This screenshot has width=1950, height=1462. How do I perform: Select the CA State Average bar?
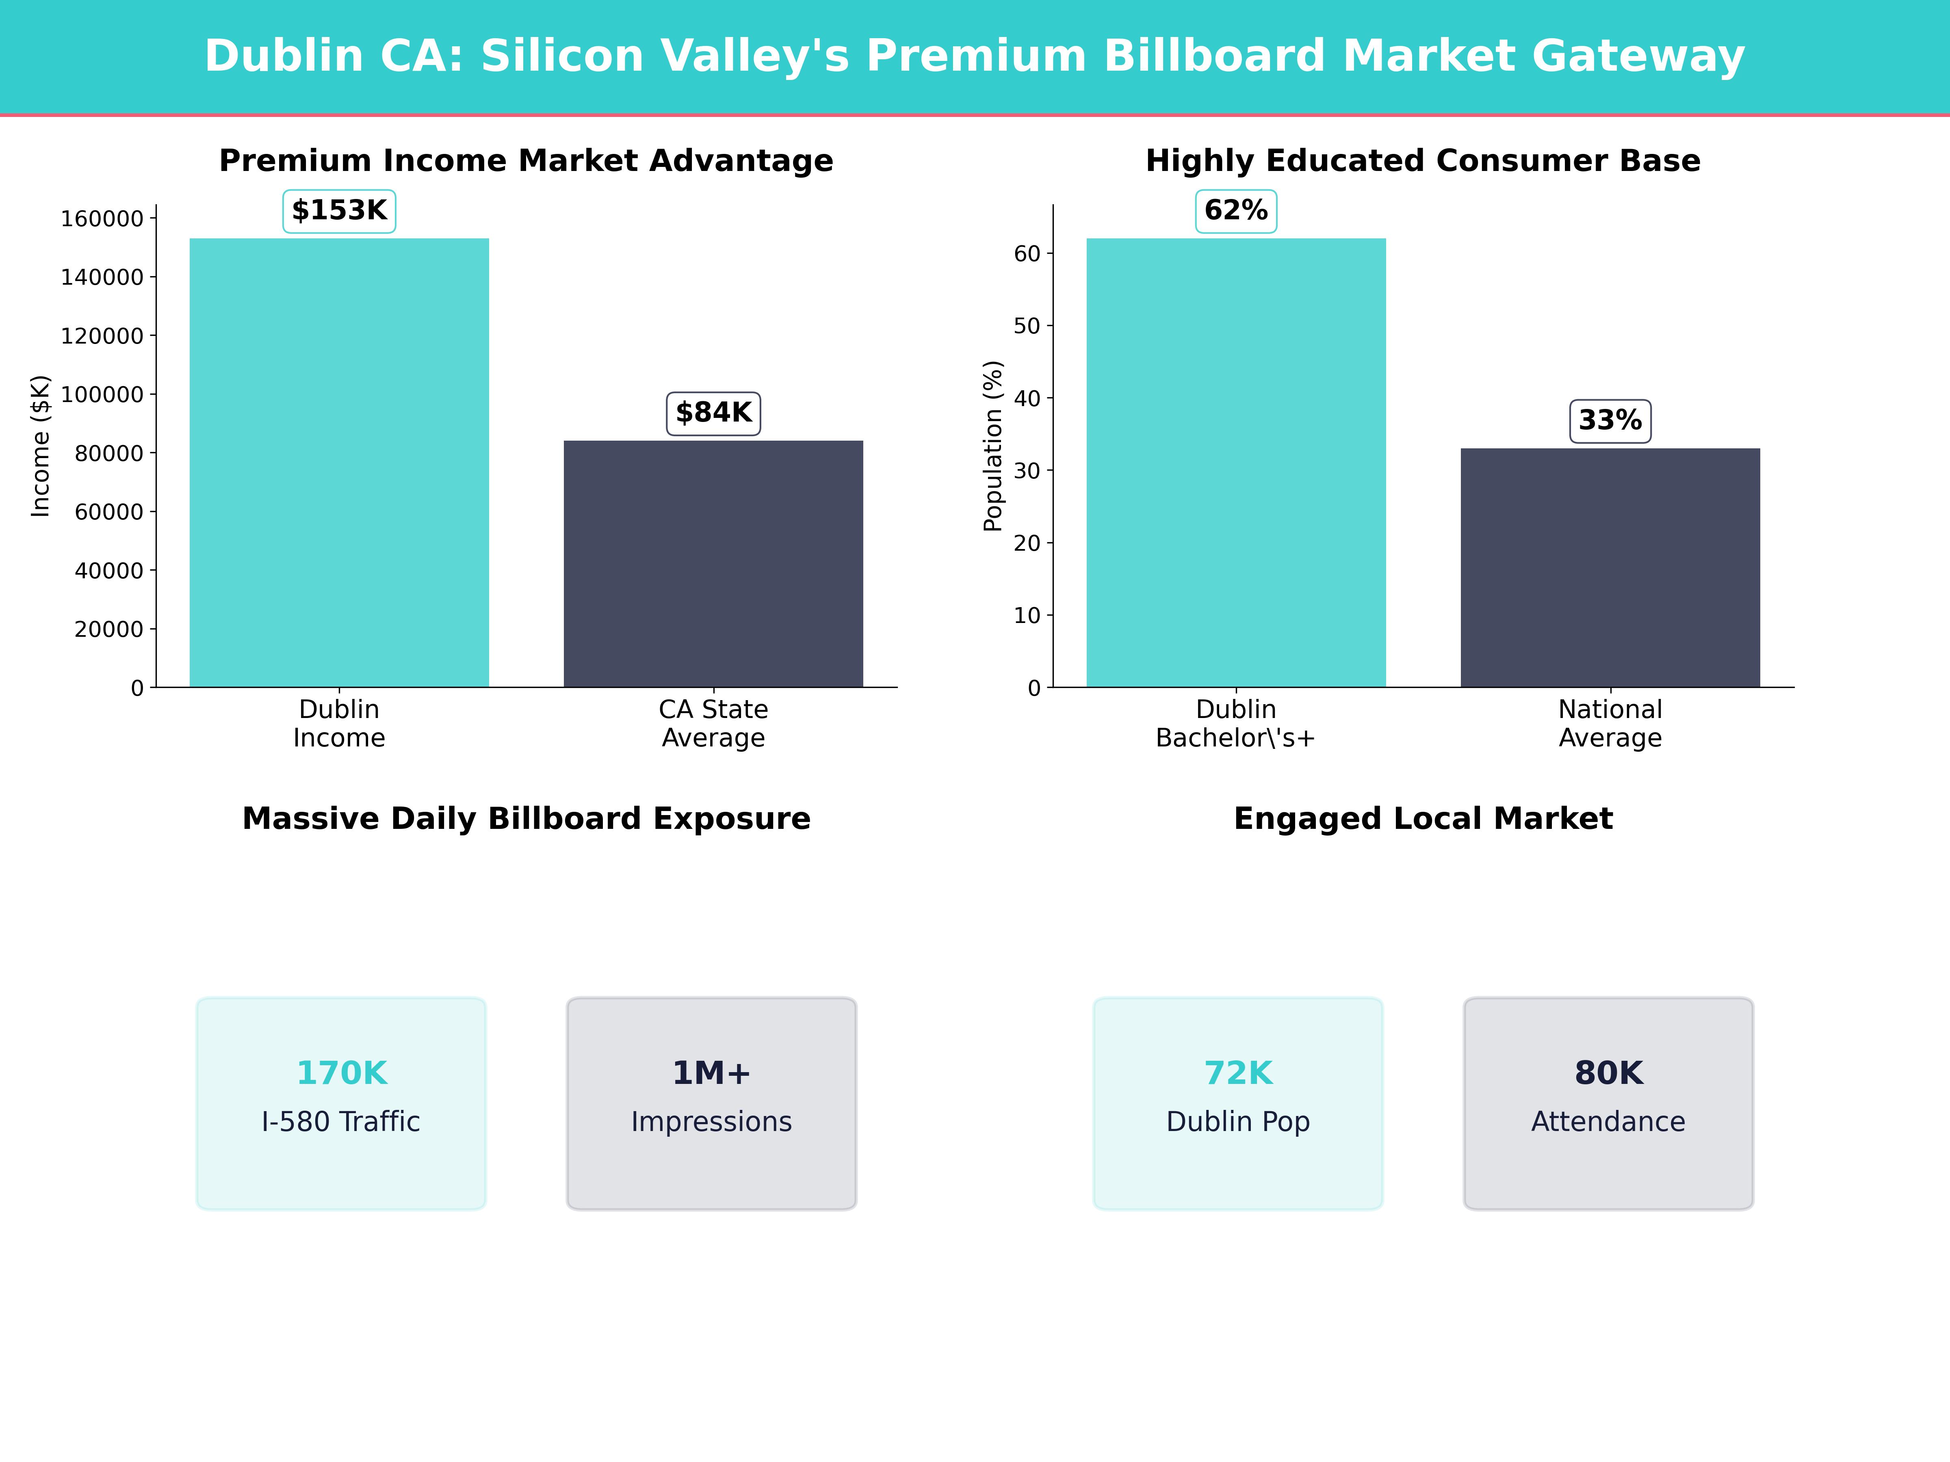713,564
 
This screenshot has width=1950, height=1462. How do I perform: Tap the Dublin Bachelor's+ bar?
1236,463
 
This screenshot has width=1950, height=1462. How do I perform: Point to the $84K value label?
713,413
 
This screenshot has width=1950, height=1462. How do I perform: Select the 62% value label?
1236,211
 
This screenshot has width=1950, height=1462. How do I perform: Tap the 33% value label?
1610,420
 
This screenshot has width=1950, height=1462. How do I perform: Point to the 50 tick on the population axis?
1027,326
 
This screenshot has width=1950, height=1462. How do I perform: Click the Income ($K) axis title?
41,446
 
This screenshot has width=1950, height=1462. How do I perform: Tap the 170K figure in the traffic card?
341,1073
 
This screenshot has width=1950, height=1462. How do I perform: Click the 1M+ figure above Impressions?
711,1073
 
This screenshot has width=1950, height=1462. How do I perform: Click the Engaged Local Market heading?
1423,819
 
